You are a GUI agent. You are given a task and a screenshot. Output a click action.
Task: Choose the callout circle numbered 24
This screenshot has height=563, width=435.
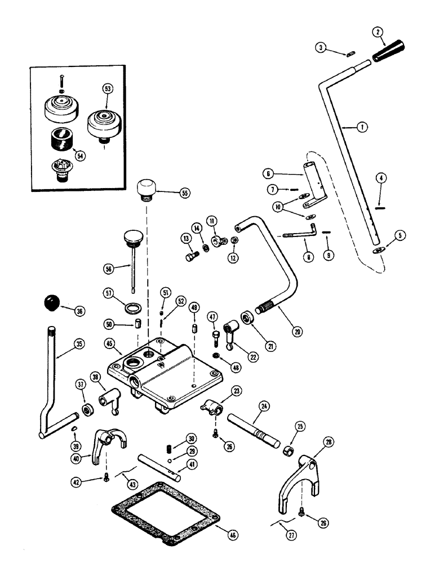click(x=262, y=405)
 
